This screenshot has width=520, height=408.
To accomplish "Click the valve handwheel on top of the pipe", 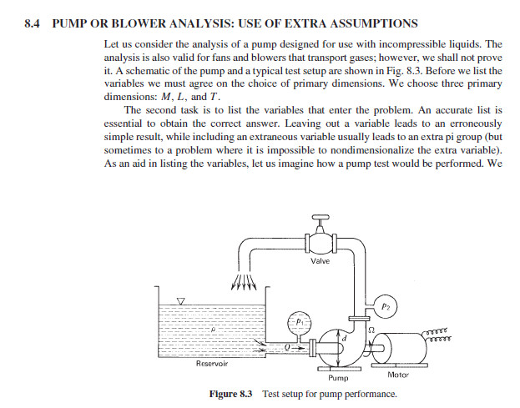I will [x=320, y=219].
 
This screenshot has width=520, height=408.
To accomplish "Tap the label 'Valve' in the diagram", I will [x=320, y=261].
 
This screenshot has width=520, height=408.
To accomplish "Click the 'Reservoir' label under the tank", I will [x=212, y=364].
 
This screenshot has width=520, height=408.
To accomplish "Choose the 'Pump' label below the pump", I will [x=326, y=377].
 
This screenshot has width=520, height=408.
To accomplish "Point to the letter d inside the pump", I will [x=341, y=337].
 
